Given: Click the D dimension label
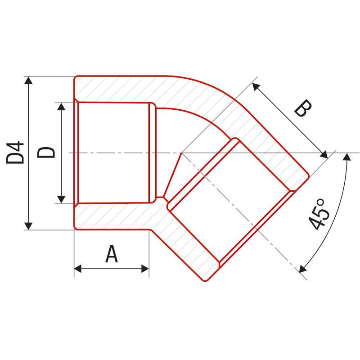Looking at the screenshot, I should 46,153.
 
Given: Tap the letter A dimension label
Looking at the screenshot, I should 112,255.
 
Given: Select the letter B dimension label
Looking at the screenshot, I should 302,109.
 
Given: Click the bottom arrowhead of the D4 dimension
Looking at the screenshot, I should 28,226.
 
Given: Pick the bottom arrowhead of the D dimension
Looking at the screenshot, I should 62,199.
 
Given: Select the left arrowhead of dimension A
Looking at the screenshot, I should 78,269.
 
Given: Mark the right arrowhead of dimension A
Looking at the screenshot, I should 145,269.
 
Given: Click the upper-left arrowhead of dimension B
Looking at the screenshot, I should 255,85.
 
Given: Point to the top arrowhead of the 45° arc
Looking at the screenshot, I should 347,157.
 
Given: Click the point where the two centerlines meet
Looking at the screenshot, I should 181,153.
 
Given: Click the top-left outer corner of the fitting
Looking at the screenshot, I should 75,77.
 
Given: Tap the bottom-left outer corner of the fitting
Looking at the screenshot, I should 75,229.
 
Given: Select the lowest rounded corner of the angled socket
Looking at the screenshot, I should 205,280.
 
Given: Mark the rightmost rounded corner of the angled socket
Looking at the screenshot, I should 309,176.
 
